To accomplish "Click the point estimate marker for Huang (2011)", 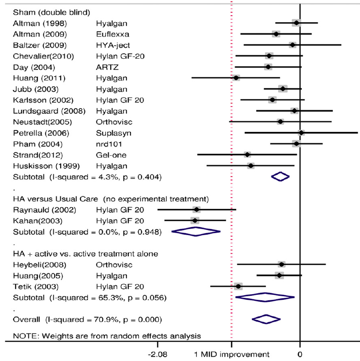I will tap(236, 78).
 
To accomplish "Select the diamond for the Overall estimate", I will tap(266, 319).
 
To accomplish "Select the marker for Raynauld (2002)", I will tap(196, 209).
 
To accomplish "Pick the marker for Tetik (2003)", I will tap(238, 286).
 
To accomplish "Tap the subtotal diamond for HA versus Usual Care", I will tap(196, 232).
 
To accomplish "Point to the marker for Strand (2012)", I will tap(247, 155).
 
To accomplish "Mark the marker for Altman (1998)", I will tap(296, 23).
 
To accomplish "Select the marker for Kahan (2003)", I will tap(195, 220).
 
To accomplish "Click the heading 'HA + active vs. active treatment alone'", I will tap(85, 253).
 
